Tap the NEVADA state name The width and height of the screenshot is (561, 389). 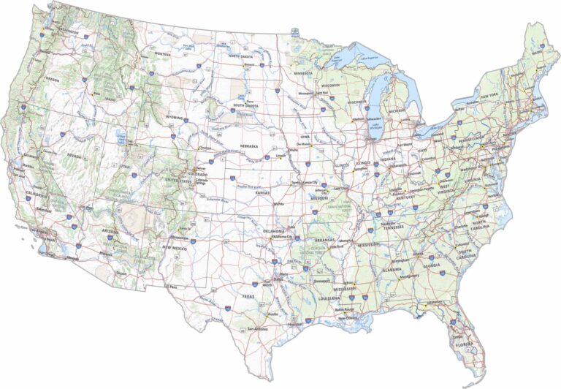coord(74,156)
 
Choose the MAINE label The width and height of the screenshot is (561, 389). coord(537,53)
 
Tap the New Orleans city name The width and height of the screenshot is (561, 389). coord(348,317)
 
